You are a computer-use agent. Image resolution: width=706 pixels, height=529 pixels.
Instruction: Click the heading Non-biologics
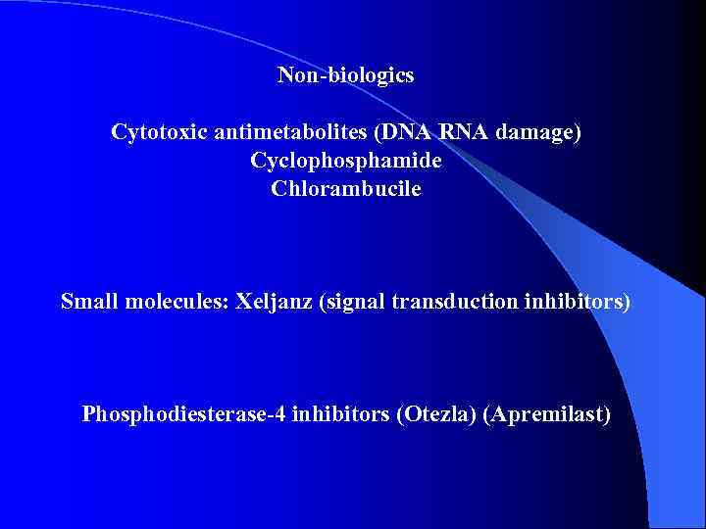[x=345, y=75]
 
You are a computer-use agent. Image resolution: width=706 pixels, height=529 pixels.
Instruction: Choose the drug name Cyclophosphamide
[x=345, y=161]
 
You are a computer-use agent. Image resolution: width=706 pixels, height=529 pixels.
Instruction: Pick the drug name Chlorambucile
[x=345, y=189]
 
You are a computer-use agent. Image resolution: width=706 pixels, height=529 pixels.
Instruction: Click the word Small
[x=89, y=302]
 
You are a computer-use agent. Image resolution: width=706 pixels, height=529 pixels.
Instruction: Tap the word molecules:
[x=179, y=302]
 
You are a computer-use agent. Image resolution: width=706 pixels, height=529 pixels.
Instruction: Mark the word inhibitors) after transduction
[x=574, y=302]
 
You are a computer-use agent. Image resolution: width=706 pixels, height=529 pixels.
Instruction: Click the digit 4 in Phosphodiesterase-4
[x=270, y=415]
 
